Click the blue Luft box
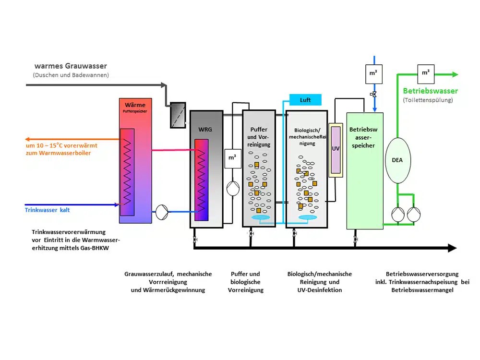tap(305, 100)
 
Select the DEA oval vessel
tap(397, 160)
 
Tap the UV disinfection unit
tap(336, 149)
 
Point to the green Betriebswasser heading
tap(430, 91)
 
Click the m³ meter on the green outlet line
tap(426, 74)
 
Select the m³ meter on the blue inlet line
tap(374, 74)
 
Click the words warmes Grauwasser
tap(71, 66)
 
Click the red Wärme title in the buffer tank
tap(135, 105)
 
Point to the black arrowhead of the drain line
tap(452, 248)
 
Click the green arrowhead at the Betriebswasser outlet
tap(454, 74)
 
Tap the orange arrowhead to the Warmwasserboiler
tap(24, 139)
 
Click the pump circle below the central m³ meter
tap(233, 188)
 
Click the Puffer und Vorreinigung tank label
tap(259, 137)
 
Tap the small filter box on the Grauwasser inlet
tap(178, 115)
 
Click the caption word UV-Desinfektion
tap(319, 290)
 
